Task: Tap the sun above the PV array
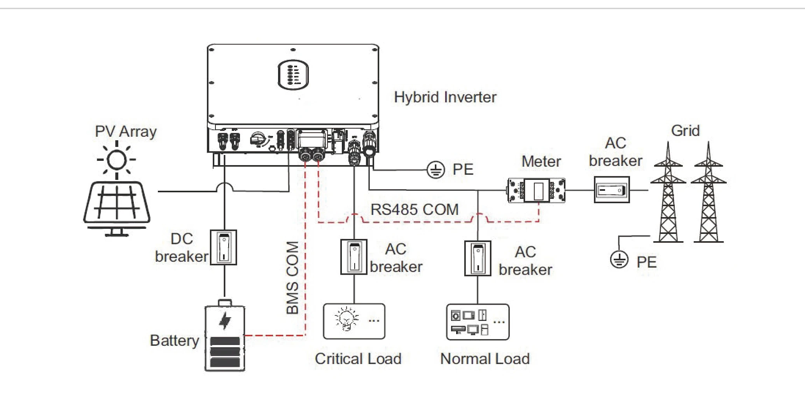point(116,160)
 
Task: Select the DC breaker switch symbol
point(224,247)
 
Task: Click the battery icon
point(225,336)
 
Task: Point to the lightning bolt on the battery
point(225,320)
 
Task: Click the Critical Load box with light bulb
point(354,321)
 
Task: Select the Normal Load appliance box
point(478,322)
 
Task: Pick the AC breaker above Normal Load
point(478,258)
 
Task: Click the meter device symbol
point(537,190)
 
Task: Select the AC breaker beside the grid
point(612,190)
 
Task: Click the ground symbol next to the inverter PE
point(436,170)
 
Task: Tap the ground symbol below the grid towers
point(619,259)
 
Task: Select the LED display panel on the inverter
point(293,74)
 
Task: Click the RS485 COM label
point(415,210)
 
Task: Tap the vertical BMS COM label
point(292,277)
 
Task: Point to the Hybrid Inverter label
point(445,97)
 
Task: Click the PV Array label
point(126,131)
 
